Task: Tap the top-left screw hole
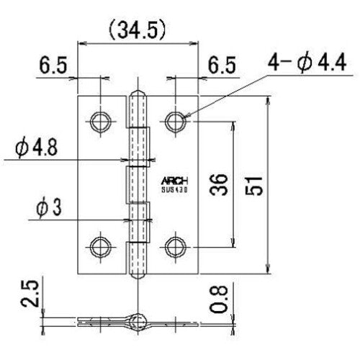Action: coord(99,121)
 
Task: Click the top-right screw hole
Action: coord(174,121)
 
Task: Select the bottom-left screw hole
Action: coord(99,248)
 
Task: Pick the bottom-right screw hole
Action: coord(174,248)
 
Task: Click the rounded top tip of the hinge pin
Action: coord(137,95)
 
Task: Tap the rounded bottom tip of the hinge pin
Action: coord(137,274)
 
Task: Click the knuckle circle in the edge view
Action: coord(136,318)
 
